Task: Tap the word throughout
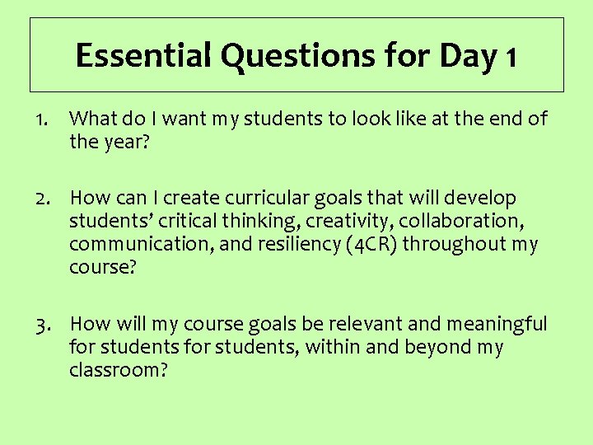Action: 458,245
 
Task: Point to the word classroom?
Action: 119,370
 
